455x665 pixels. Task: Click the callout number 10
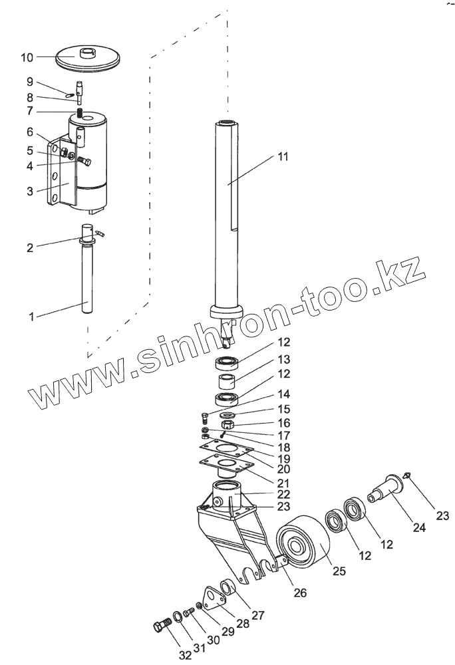27,58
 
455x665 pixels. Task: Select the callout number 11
283,158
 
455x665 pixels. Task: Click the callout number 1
31,318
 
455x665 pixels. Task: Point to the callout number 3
30,192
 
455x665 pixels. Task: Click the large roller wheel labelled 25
303,545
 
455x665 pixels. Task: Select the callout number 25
339,571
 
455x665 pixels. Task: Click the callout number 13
284,359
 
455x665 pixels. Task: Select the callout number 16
284,422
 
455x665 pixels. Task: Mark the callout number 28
243,623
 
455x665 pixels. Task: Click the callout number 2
30,248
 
